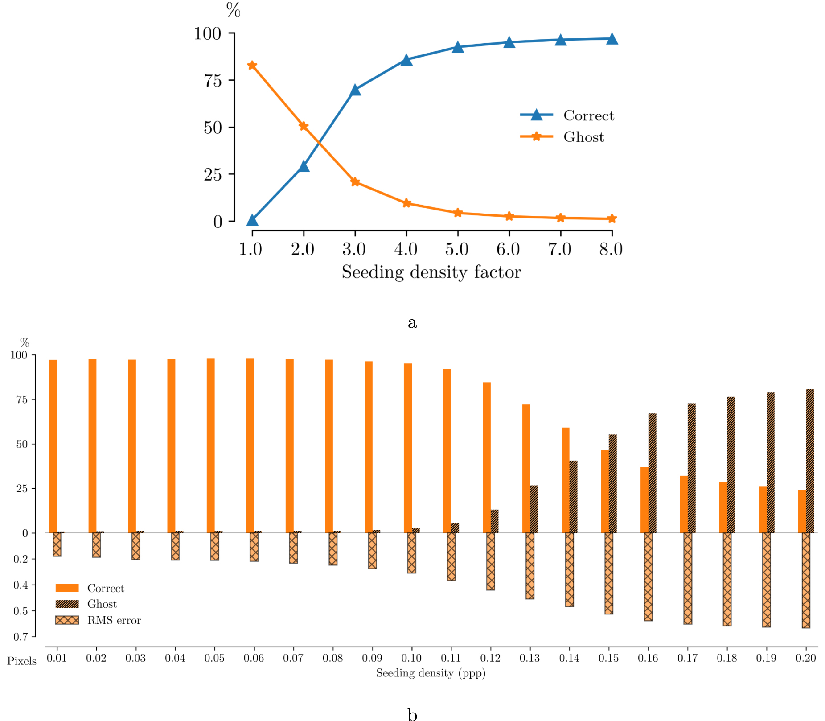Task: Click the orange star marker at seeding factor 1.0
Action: pos(252,66)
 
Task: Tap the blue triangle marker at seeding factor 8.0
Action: pos(612,39)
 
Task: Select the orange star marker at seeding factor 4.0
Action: pos(406,203)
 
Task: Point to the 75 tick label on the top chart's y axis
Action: pos(213,81)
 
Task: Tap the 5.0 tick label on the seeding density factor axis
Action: pos(457,249)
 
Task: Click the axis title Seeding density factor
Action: pos(431,272)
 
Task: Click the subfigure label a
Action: pos(412,322)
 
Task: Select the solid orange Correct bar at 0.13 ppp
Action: pos(526,468)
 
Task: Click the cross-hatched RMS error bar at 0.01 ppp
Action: pos(57,544)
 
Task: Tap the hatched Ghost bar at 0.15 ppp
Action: pos(612,483)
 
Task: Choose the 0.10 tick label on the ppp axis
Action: pos(411,658)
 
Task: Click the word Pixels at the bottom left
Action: pos(22,661)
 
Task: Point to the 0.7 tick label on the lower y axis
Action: pos(21,637)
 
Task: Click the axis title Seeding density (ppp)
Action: pos(431,673)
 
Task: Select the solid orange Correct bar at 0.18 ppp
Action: pos(723,507)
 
